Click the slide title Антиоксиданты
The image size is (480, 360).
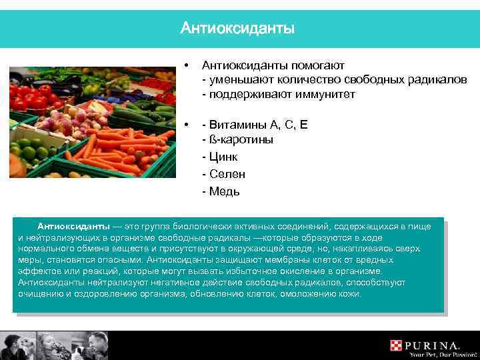click(237, 29)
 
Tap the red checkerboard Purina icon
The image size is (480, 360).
click(398, 345)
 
